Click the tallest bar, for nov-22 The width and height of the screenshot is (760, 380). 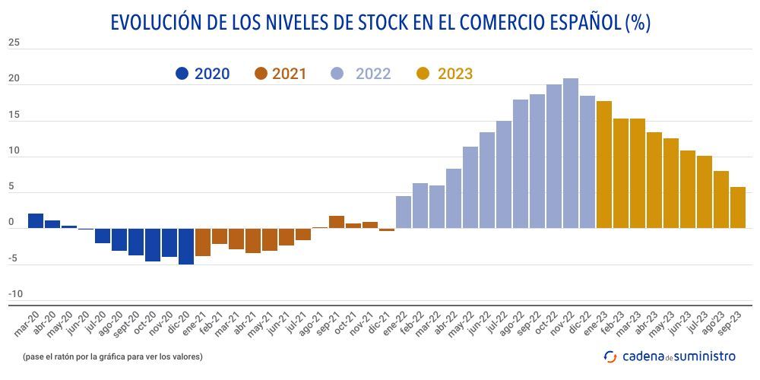coord(570,154)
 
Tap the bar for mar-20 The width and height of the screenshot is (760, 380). coord(36,221)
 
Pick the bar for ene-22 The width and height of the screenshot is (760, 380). coord(404,212)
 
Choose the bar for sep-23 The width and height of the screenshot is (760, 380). coord(737,207)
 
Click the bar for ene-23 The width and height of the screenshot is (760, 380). coord(604,164)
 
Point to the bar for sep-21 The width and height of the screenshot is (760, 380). coord(337,222)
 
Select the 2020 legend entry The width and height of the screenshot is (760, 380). coord(202,74)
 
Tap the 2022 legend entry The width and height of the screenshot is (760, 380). coord(362,74)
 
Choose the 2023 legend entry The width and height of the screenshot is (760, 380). coord(445,74)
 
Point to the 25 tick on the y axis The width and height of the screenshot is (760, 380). coord(14,43)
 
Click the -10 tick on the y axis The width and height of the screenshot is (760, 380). coord(15,294)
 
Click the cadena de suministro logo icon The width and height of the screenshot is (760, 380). coord(610,356)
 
